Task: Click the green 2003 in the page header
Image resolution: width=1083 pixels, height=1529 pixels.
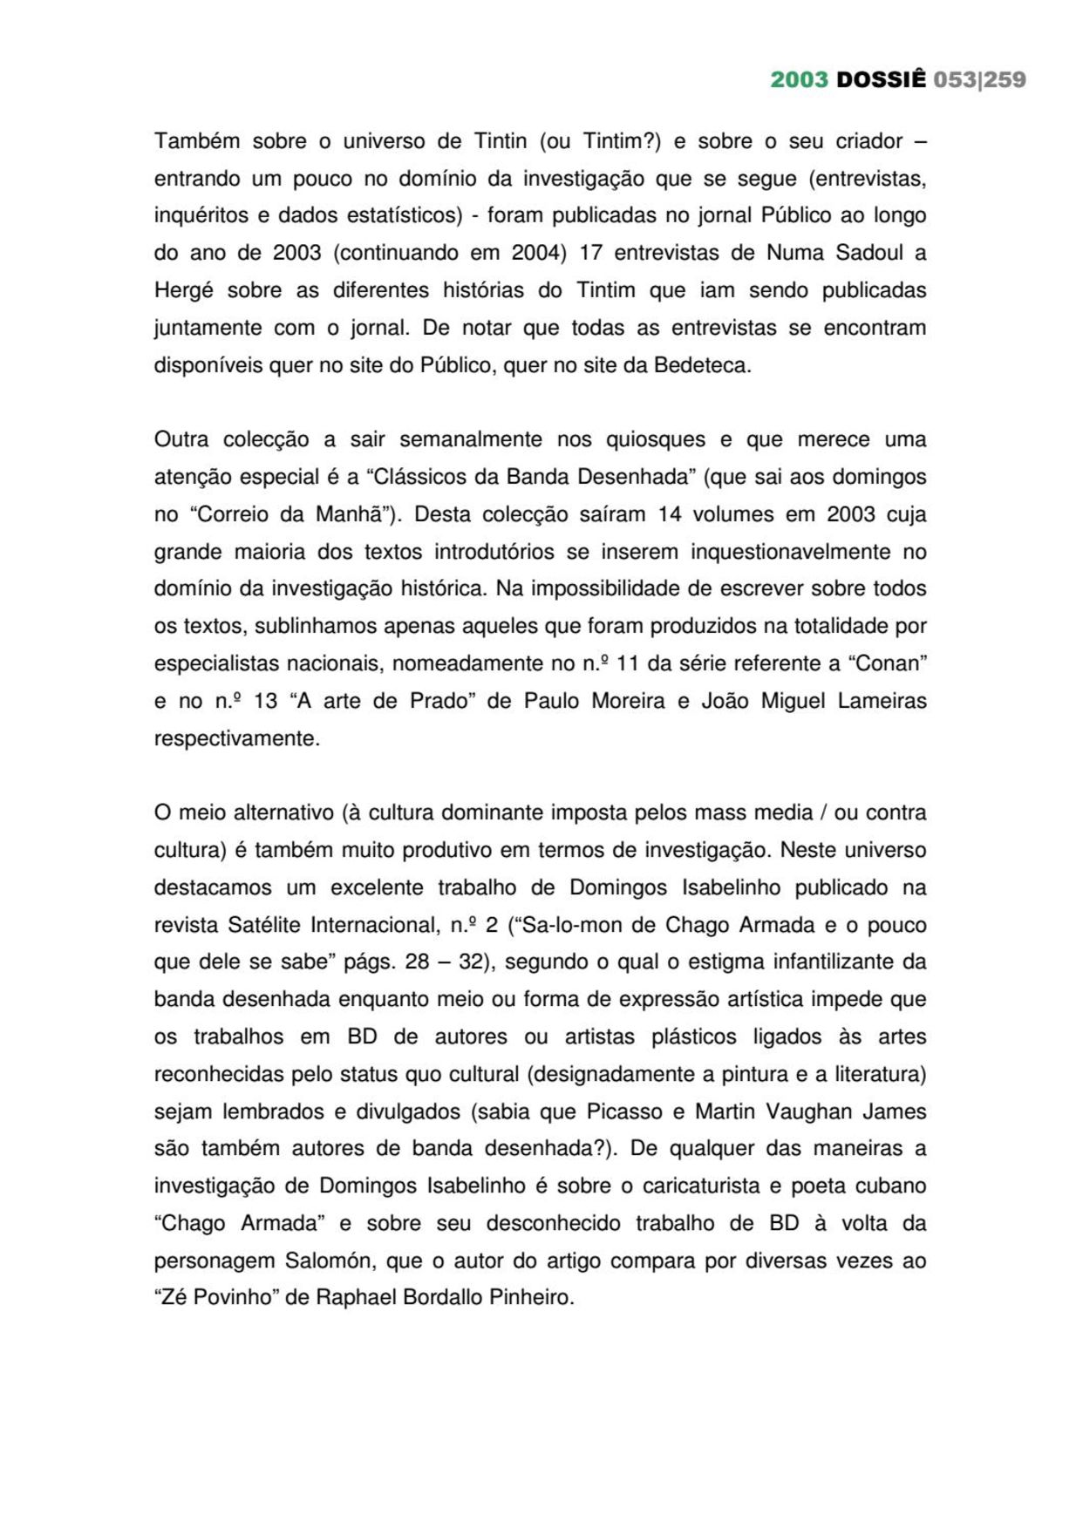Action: tap(799, 80)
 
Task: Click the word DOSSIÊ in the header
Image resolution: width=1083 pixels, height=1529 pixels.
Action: tap(881, 80)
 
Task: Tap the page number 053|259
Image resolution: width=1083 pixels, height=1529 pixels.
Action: tap(979, 80)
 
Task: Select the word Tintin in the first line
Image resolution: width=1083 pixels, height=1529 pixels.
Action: tap(501, 141)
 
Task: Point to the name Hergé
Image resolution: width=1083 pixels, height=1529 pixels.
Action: tap(183, 290)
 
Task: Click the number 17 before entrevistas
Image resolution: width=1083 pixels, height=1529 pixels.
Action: tap(590, 253)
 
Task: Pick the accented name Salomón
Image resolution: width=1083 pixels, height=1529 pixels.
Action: tap(328, 1261)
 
